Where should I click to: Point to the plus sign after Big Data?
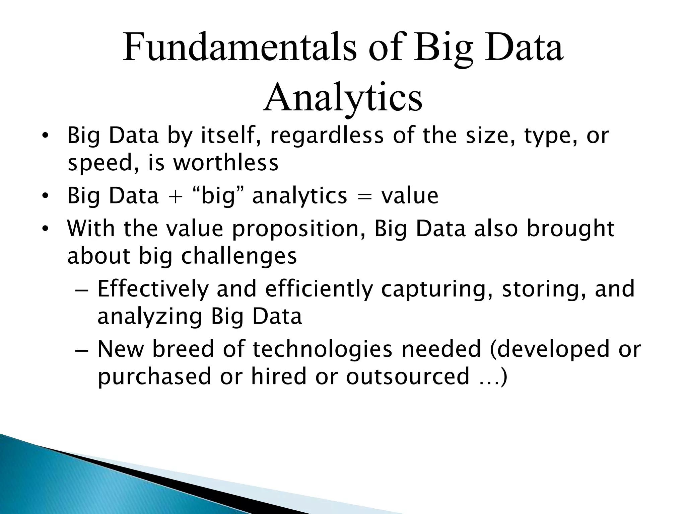(176, 196)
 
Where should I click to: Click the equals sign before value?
(364, 196)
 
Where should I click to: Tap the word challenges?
(239, 256)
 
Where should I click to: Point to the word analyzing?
(150, 317)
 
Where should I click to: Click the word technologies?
(322, 350)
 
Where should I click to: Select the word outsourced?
(408, 376)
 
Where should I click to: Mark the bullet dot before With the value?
(45, 230)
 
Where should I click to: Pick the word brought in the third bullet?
(570, 230)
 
